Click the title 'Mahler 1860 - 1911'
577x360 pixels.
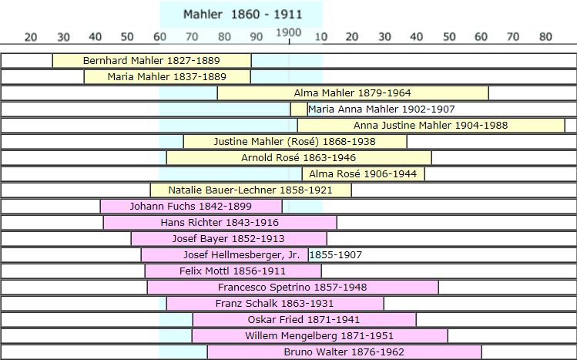[x=243, y=14]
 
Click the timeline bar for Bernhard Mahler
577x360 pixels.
[x=152, y=60]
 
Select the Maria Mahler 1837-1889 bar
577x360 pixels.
[x=167, y=76]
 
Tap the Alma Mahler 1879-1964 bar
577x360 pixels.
[x=353, y=93]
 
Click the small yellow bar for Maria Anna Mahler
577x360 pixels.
[x=299, y=109]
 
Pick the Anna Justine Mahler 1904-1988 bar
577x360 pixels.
[x=431, y=125]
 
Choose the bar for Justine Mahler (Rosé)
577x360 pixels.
[x=295, y=141]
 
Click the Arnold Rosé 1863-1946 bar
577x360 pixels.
[x=299, y=158]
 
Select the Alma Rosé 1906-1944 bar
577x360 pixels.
[x=363, y=174]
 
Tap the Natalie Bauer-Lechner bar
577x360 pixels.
[x=250, y=190]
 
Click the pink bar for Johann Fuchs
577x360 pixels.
[x=191, y=206]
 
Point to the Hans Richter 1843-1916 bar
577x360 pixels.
[x=220, y=222]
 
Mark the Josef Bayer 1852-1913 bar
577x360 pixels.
[x=229, y=238]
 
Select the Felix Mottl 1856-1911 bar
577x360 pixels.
[x=233, y=271]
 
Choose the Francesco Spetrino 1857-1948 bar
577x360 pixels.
[x=293, y=287]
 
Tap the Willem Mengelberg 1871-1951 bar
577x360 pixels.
[x=320, y=335]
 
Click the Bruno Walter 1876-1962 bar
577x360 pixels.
[x=344, y=352]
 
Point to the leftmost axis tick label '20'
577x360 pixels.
[x=31, y=36]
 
